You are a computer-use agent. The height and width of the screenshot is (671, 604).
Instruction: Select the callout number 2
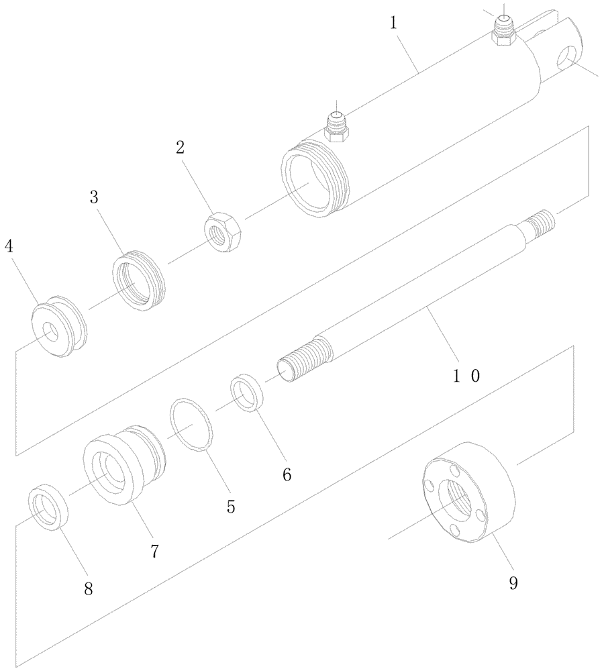[180, 148]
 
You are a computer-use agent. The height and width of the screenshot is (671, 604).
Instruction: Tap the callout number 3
[94, 198]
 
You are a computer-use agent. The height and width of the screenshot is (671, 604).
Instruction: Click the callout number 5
[230, 506]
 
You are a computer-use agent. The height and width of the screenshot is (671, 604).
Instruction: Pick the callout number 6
[287, 474]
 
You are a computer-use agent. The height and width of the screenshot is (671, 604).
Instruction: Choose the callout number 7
[154, 552]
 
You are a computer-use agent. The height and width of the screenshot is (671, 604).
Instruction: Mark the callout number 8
[88, 589]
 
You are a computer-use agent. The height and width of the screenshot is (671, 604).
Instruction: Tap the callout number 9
[513, 582]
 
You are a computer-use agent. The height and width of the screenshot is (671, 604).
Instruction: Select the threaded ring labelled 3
[139, 280]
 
